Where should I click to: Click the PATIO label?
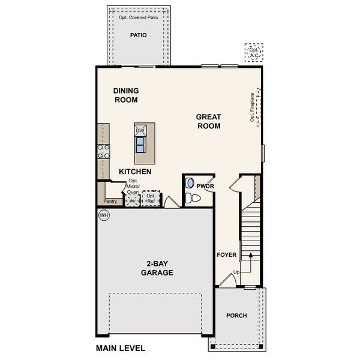pos(139,35)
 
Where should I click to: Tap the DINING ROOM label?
pos(126,95)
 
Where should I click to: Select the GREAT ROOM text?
pos(208,121)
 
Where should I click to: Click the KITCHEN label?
pos(134,172)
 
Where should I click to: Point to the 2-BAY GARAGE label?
pos(157,268)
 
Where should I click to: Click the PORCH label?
pos(236,316)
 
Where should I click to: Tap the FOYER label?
pos(227,255)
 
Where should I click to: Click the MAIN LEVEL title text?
pos(120,348)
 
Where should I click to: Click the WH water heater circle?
pos(103,215)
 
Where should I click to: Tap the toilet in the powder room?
pos(193,199)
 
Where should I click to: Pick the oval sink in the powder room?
pos(190,183)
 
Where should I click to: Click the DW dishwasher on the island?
pos(140,131)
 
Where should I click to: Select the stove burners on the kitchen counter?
pos(104,151)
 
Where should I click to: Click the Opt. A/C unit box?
pos(253,53)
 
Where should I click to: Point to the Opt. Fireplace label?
pos(253,107)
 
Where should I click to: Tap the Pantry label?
pos(110,202)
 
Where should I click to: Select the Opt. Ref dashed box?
pos(151,198)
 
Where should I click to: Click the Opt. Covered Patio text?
pos(139,18)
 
